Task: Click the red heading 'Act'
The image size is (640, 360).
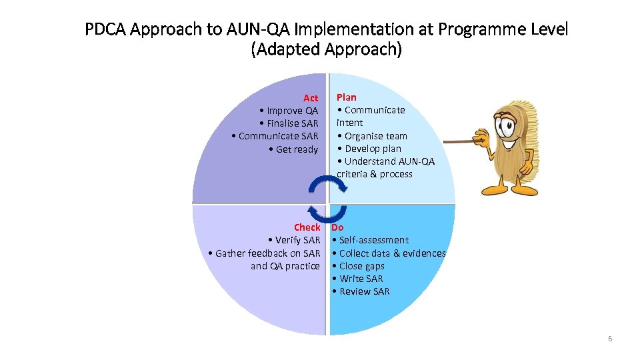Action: tap(311, 98)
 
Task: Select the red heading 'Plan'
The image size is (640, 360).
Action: tap(347, 97)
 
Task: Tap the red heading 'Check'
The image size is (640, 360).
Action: tap(307, 227)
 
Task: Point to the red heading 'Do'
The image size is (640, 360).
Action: tap(338, 227)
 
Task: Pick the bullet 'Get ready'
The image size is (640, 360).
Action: tap(297, 149)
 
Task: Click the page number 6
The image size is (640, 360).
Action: tap(609, 339)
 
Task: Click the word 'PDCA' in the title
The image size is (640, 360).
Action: tap(107, 30)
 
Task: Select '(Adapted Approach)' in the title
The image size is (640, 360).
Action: tap(326, 50)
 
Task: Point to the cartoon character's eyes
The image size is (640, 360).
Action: tap(506, 123)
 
